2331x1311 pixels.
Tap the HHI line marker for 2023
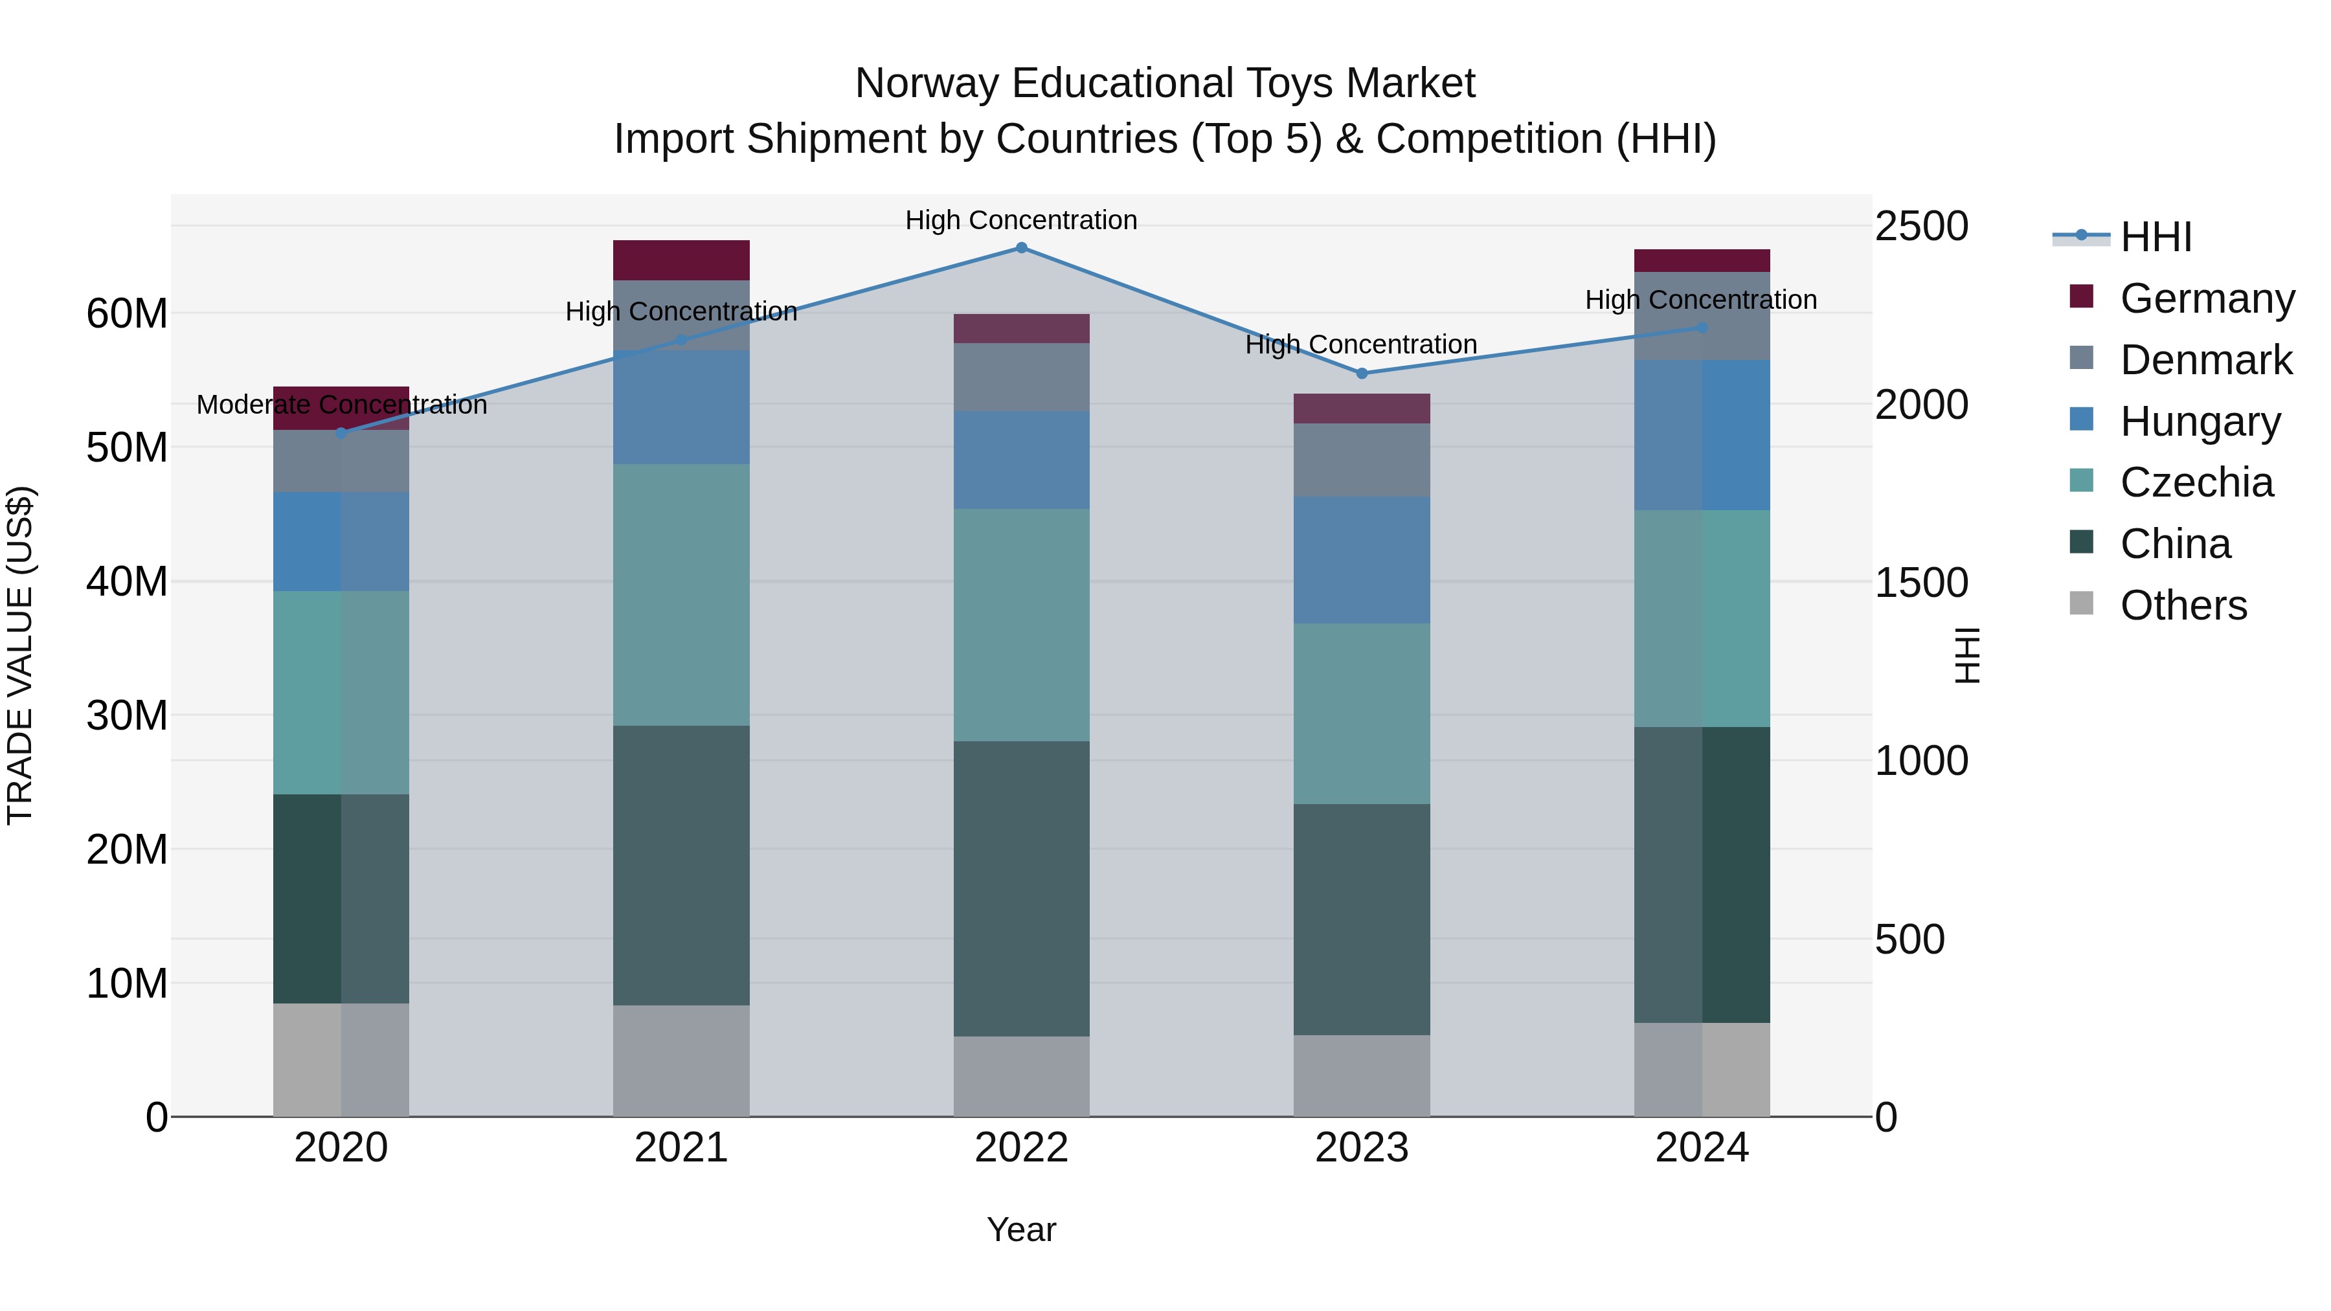[x=1362, y=374]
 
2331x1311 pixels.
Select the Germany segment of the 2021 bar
[x=681, y=260]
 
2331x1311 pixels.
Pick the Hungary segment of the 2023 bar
[x=1362, y=559]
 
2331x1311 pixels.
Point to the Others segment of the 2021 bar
[x=681, y=1060]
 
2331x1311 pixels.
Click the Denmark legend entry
[x=2206, y=360]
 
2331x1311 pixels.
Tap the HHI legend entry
[x=2156, y=237]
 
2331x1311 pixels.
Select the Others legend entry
[x=2183, y=605]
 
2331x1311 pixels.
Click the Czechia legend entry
[x=2196, y=483]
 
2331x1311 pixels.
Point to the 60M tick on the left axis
[x=127, y=314]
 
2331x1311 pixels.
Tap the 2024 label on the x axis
[x=1701, y=1148]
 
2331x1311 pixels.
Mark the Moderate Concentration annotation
[x=342, y=405]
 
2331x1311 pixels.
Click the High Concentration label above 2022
[x=1020, y=221]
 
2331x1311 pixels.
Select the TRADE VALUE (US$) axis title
[x=20, y=655]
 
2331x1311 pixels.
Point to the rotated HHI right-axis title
[x=1967, y=655]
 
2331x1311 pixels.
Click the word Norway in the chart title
[x=927, y=84]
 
